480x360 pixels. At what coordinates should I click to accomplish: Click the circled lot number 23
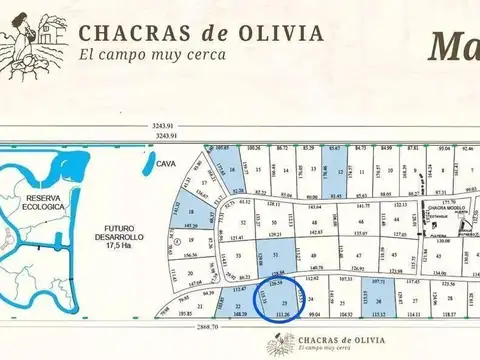tap(286, 301)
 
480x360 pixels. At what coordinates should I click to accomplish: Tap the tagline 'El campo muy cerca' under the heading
tap(152, 55)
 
